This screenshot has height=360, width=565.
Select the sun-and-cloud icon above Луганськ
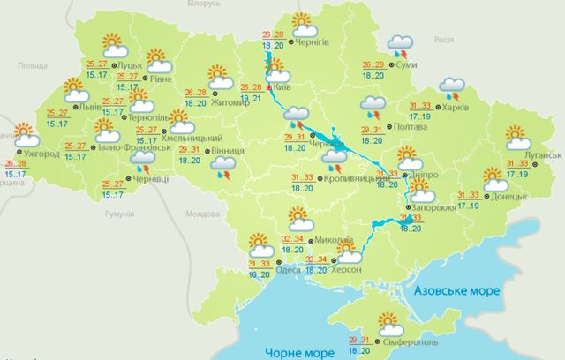tap(517, 138)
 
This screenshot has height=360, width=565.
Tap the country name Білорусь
tap(203, 4)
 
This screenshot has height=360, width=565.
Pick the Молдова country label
tap(202, 214)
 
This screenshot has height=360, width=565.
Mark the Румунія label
tap(117, 214)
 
